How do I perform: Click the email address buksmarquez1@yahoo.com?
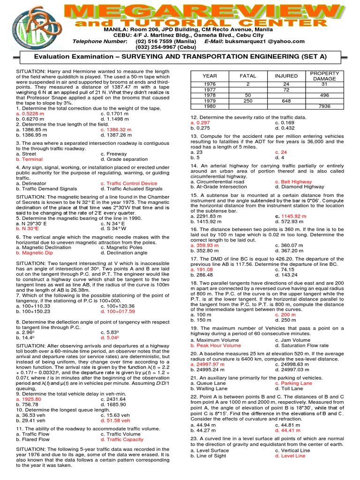click(x=262, y=41)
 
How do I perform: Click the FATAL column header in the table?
click(x=248, y=75)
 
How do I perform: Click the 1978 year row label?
click(x=210, y=95)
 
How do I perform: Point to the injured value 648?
click(x=286, y=100)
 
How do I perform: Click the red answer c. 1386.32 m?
click(x=116, y=129)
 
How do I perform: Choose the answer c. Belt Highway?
click(x=293, y=181)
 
